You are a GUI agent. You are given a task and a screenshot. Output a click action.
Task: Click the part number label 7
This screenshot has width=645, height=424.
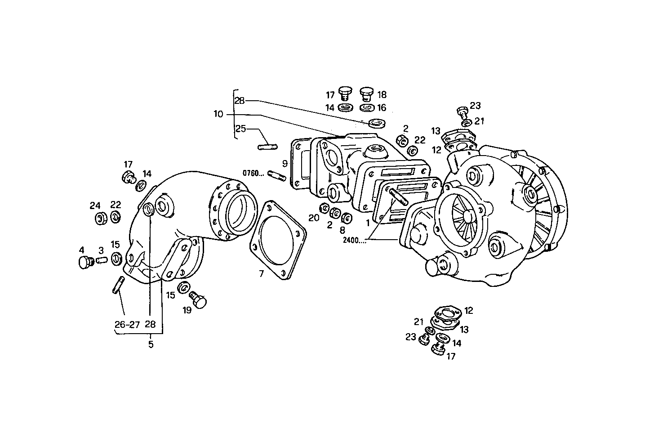click(261, 273)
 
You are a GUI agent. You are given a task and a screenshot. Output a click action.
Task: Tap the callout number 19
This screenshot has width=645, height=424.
click(187, 310)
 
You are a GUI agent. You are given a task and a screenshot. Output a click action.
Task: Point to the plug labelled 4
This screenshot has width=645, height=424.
click(84, 262)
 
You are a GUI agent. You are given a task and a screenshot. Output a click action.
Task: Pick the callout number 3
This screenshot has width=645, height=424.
click(101, 250)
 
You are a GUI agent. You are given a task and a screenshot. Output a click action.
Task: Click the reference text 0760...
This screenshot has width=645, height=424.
click(254, 173)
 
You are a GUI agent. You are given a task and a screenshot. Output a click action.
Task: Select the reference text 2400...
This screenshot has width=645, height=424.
click(353, 240)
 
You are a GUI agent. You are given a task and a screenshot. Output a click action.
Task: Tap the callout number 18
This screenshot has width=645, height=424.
click(382, 95)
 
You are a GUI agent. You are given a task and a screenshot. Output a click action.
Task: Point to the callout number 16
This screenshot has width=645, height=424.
click(382, 108)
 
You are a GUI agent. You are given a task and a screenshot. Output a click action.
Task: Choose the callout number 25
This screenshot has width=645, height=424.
click(240, 129)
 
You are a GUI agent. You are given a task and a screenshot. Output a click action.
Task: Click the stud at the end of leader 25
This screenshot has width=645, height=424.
click(268, 146)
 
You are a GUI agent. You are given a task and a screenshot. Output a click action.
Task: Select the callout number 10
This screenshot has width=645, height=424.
click(218, 114)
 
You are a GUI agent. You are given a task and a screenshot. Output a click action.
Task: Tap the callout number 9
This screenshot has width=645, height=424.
click(285, 163)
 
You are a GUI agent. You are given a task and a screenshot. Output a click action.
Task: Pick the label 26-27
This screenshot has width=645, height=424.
click(127, 324)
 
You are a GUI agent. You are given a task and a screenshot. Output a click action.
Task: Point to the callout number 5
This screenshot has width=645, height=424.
click(151, 345)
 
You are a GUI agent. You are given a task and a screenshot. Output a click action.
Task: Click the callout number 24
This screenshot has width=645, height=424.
click(95, 206)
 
